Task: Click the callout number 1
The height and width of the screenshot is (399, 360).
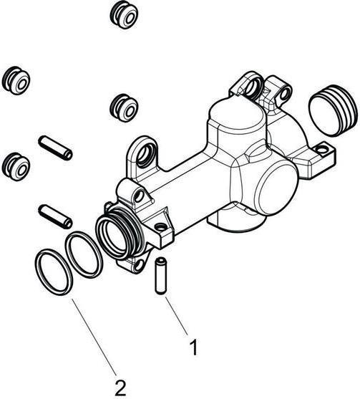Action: click(194, 347)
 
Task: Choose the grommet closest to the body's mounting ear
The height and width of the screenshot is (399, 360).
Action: click(124, 108)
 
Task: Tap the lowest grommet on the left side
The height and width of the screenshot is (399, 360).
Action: click(16, 167)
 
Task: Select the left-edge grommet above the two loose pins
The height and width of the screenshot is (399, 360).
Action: click(16, 81)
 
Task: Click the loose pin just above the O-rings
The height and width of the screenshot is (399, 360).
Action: click(55, 216)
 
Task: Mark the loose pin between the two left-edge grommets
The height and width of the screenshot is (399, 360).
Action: click(55, 148)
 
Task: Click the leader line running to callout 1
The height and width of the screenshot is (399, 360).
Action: click(177, 315)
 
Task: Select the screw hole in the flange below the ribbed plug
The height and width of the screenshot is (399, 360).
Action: click(322, 150)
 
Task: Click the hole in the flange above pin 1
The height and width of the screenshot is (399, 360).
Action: click(160, 227)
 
